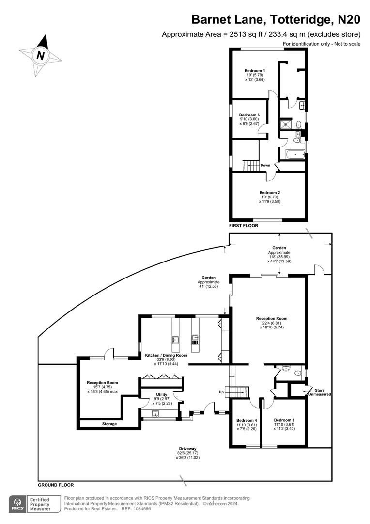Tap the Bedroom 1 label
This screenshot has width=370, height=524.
[x=254, y=71]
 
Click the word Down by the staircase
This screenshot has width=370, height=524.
[x=265, y=165]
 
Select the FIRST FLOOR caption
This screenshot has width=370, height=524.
[x=244, y=226]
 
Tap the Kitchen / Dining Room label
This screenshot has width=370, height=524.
[x=166, y=355]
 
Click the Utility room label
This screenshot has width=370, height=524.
[x=161, y=394]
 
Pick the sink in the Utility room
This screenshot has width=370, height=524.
[x=154, y=414]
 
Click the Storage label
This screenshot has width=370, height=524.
[x=109, y=424]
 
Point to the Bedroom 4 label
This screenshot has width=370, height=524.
[x=246, y=420]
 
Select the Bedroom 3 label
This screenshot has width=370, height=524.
[x=284, y=420]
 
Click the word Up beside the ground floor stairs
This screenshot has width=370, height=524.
[x=222, y=392]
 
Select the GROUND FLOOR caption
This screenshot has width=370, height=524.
[x=56, y=485]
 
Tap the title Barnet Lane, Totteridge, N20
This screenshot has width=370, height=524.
[x=276, y=19]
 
